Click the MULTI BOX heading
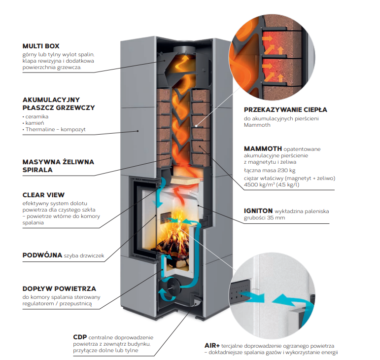[41, 46]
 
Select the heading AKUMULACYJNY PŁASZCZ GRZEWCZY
[59, 104]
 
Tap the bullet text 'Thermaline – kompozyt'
[56, 130]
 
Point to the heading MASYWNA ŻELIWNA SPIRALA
[58, 166]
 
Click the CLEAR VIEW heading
[43, 195]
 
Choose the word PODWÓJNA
[42, 255]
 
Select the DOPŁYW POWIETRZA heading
[59, 288]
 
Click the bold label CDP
[80, 337]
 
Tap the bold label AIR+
[212, 346]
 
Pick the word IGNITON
[258, 211]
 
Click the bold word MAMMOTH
[263, 148]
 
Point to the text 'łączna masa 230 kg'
[270, 171]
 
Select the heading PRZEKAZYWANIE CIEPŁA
[285, 110]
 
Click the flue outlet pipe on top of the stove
[184, 50]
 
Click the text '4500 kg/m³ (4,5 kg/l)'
[272, 185]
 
